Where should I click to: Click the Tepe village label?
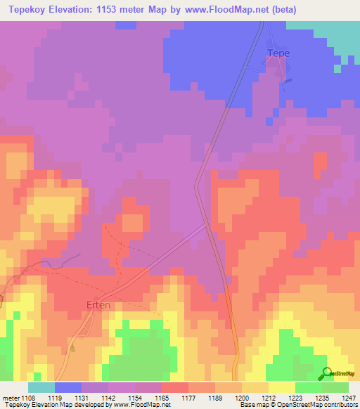click(278, 53)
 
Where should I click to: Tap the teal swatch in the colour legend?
click(41, 387)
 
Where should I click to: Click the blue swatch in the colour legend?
click(68, 387)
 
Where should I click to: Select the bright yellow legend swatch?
click(282, 387)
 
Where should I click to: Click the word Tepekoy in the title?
click(32, 10)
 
